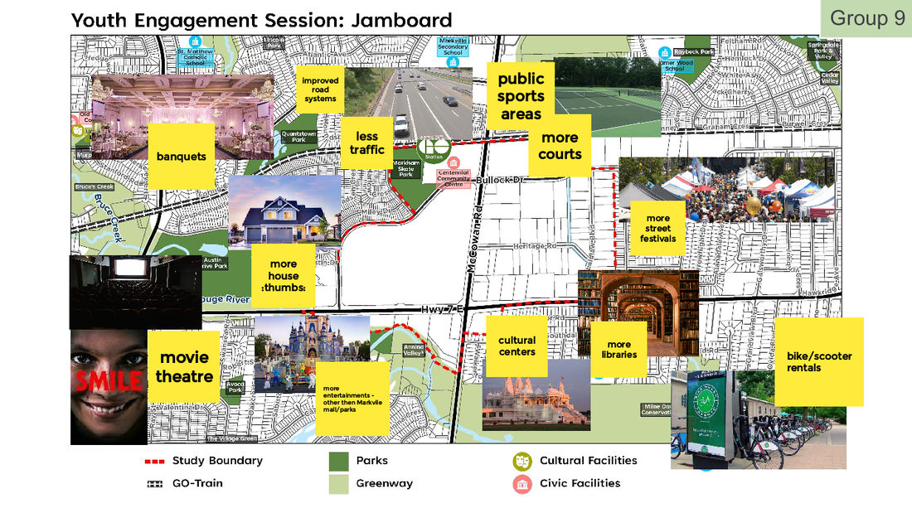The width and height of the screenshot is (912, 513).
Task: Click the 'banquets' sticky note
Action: [181, 156]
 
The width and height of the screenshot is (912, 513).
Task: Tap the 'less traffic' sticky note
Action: [366, 143]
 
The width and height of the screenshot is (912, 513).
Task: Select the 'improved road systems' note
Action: [319, 90]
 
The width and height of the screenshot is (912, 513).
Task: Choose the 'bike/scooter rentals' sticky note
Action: [819, 361]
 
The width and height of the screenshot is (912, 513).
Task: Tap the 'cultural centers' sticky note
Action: [517, 346]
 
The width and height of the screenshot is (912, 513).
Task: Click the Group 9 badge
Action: [867, 18]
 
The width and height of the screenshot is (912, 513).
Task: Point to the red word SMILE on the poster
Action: [108, 380]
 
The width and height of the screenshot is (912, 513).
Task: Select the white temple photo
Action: [536, 396]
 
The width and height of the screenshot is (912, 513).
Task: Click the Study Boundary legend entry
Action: [204, 461]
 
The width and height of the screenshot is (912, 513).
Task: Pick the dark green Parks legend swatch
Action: [338, 461]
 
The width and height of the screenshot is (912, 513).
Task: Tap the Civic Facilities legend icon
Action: [522, 484]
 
